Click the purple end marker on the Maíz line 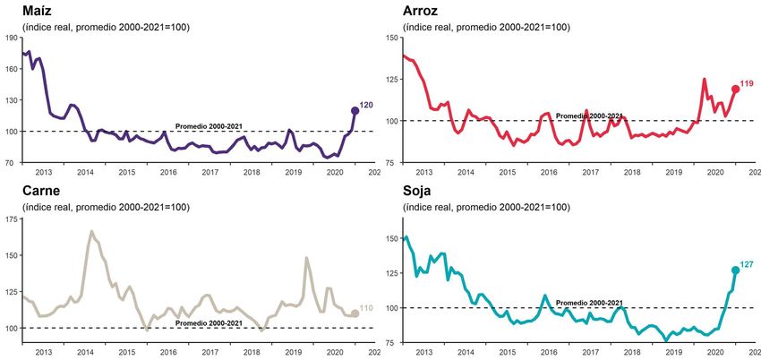pos(355,110)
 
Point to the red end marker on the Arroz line pos(735,89)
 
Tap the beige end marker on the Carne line pos(355,313)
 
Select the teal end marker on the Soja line pos(736,270)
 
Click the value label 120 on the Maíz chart pos(366,106)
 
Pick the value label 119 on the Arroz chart pos(747,83)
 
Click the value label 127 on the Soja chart pos(748,265)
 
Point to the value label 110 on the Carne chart pos(366,309)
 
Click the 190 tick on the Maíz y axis pos(11,38)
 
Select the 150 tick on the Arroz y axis pos(391,38)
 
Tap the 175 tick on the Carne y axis pos(11,219)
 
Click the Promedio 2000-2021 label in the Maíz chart pos(209,126)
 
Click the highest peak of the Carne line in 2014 pos(91,231)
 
